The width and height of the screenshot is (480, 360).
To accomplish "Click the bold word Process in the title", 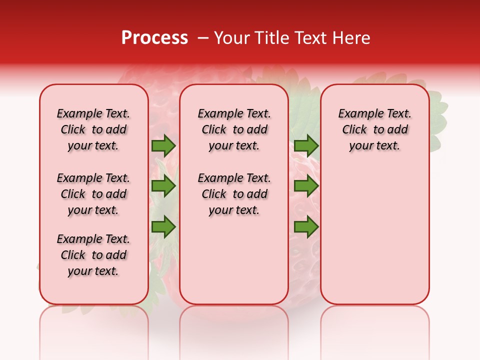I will pyautogui.click(x=154, y=38).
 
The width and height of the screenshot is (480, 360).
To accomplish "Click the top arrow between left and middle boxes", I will pyautogui.click(x=163, y=145).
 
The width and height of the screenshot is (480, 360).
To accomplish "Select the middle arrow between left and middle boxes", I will pyautogui.click(x=163, y=186).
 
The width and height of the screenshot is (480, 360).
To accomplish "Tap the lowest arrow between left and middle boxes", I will pyautogui.click(x=163, y=226).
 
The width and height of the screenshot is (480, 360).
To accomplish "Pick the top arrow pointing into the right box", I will pyautogui.click(x=306, y=145).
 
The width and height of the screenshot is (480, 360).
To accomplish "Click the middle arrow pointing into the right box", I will pyautogui.click(x=306, y=186).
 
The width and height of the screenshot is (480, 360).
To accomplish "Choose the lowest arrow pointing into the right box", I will pyautogui.click(x=306, y=226).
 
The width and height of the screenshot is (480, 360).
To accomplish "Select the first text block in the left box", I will pyautogui.click(x=93, y=129).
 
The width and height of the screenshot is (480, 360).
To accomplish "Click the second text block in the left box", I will pyautogui.click(x=93, y=194).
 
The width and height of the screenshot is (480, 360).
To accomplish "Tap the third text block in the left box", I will pyautogui.click(x=93, y=255).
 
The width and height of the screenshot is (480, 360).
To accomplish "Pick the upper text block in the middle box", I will pyautogui.click(x=234, y=129).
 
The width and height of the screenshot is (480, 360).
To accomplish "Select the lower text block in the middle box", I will pyautogui.click(x=234, y=194).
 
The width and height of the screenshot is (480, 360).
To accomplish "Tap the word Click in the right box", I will pyautogui.click(x=354, y=130).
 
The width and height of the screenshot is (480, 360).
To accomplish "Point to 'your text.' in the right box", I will pyautogui.click(x=374, y=146).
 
